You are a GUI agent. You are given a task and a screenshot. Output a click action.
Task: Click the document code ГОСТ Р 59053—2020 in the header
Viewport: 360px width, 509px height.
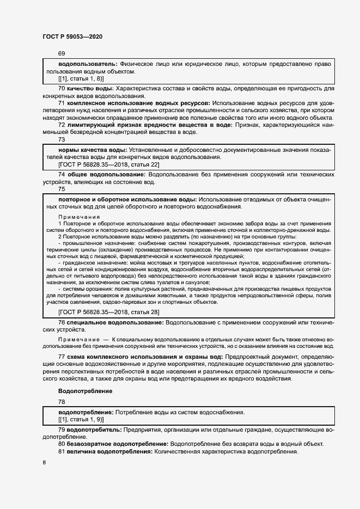click(72, 36)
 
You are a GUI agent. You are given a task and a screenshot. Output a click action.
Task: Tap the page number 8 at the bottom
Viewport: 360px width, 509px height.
click(44, 462)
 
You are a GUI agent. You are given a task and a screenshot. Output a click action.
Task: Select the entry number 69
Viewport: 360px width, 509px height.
click(62, 53)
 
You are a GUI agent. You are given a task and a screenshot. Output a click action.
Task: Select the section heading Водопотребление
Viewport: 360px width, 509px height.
click(85, 391)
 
